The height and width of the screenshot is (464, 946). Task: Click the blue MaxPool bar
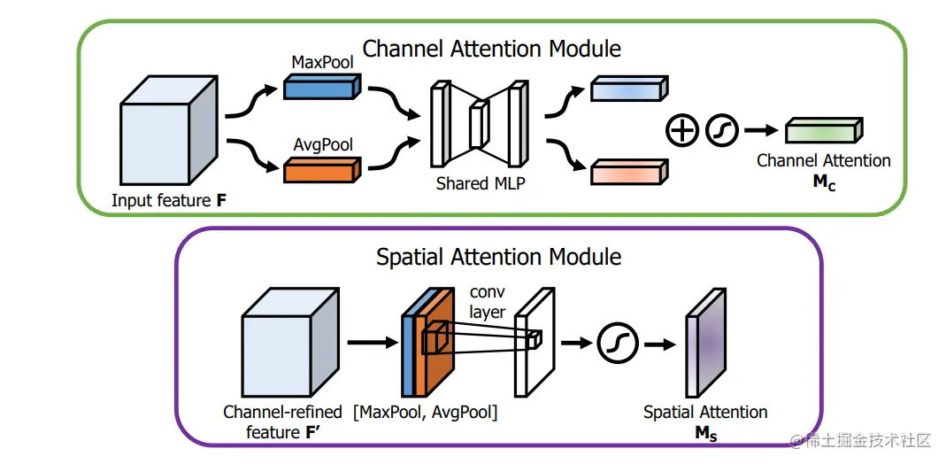coord(321,87)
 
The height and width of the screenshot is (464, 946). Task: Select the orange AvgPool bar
coord(321,169)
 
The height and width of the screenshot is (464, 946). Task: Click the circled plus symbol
coord(681,131)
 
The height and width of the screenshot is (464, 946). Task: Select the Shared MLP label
coord(474,184)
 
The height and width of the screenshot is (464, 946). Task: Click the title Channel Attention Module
coord(492,48)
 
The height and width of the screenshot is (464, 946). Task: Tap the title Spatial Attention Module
coord(499,258)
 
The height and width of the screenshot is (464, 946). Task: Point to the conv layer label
coord(488,302)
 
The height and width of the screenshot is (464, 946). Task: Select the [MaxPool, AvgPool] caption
coord(426,413)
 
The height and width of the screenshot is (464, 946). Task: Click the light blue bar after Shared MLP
coord(626,89)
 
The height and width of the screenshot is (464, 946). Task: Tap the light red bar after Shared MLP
coord(626,172)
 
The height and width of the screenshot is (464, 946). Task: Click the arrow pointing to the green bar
coord(758,131)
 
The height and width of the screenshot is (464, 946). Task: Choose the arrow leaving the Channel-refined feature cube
coord(369,341)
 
